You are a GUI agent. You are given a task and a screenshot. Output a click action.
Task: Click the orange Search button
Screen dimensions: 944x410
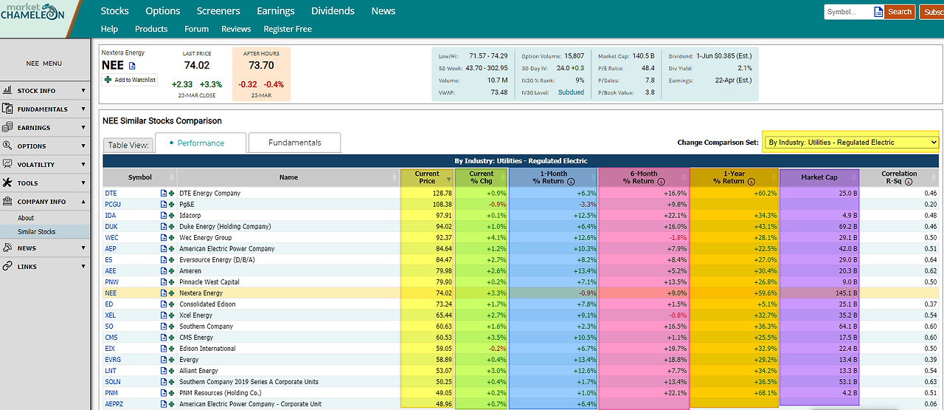coord(899,12)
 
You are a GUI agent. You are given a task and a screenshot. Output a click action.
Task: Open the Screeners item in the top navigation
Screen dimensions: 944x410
coord(218,11)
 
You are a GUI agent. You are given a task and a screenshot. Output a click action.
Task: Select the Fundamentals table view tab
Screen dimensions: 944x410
coord(294,143)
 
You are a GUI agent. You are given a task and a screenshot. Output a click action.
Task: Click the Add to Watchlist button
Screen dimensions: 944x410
coord(130,80)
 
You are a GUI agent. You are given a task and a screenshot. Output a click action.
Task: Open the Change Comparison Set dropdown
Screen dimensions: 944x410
coord(851,143)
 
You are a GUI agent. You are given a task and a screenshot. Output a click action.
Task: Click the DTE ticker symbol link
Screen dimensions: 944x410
coord(111,194)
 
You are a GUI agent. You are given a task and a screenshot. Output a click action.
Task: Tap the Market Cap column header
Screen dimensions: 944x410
coord(819,177)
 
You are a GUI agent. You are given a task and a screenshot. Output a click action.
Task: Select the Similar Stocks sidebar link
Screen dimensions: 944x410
coord(37,232)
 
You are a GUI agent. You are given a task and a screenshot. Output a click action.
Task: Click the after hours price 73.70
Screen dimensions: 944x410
coord(261,66)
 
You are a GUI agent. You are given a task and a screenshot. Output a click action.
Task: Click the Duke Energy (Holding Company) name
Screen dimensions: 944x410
coord(225,227)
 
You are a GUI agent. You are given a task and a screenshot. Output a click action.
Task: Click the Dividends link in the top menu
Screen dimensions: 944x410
coord(333,11)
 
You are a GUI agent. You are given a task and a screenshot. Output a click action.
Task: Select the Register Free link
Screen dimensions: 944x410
coord(288,29)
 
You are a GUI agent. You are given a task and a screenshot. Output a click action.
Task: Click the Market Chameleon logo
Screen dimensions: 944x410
coord(33,12)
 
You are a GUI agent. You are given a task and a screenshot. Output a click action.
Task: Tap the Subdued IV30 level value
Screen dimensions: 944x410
coord(571,92)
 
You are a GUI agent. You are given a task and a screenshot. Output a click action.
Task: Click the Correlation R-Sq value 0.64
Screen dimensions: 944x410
coord(931,260)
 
